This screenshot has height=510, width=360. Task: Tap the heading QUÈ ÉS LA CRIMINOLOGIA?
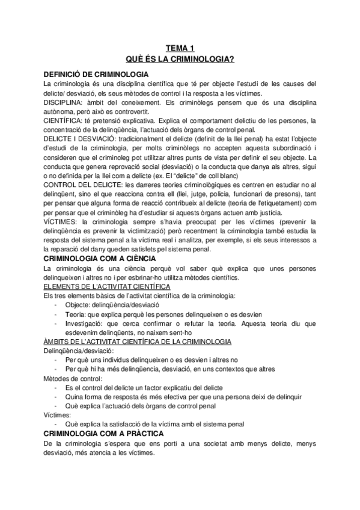[180, 59]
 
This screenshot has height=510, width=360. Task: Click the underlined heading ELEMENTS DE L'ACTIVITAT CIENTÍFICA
[106, 286]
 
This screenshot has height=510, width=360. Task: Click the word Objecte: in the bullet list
[76, 305]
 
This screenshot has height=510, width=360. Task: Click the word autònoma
[61, 112]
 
